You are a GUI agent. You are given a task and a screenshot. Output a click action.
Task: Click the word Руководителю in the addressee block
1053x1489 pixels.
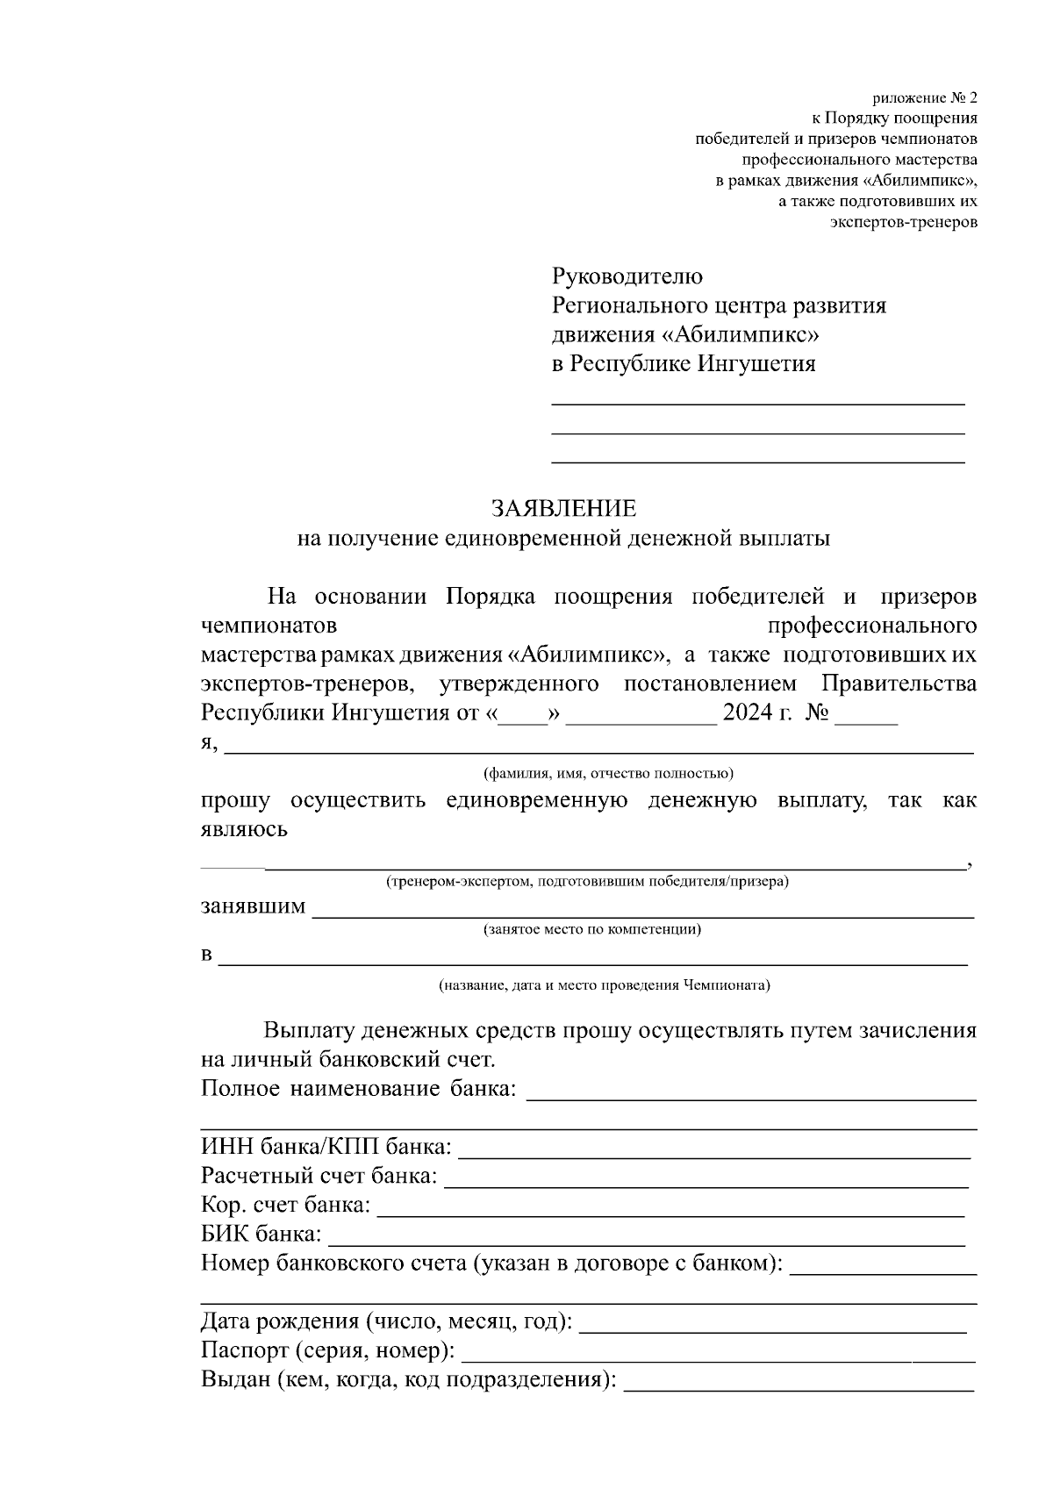[x=627, y=276]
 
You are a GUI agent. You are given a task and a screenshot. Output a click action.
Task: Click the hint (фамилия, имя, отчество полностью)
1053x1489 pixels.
[x=609, y=774]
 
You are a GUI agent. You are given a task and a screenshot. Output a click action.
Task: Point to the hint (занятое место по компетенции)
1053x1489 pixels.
[x=592, y=929]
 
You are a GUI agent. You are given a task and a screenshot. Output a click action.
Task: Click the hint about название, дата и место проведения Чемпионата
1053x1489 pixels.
[x=605, y=984]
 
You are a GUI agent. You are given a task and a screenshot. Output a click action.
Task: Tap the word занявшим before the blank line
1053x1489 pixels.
[x=254, y=906]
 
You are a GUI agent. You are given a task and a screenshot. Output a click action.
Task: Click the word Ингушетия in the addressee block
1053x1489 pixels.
[x=756, y=363]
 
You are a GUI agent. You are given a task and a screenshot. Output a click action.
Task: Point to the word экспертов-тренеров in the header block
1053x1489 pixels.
[x=903, y=222]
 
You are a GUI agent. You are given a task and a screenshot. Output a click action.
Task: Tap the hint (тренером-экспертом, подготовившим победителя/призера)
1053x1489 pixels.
[x=587, y=881]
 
